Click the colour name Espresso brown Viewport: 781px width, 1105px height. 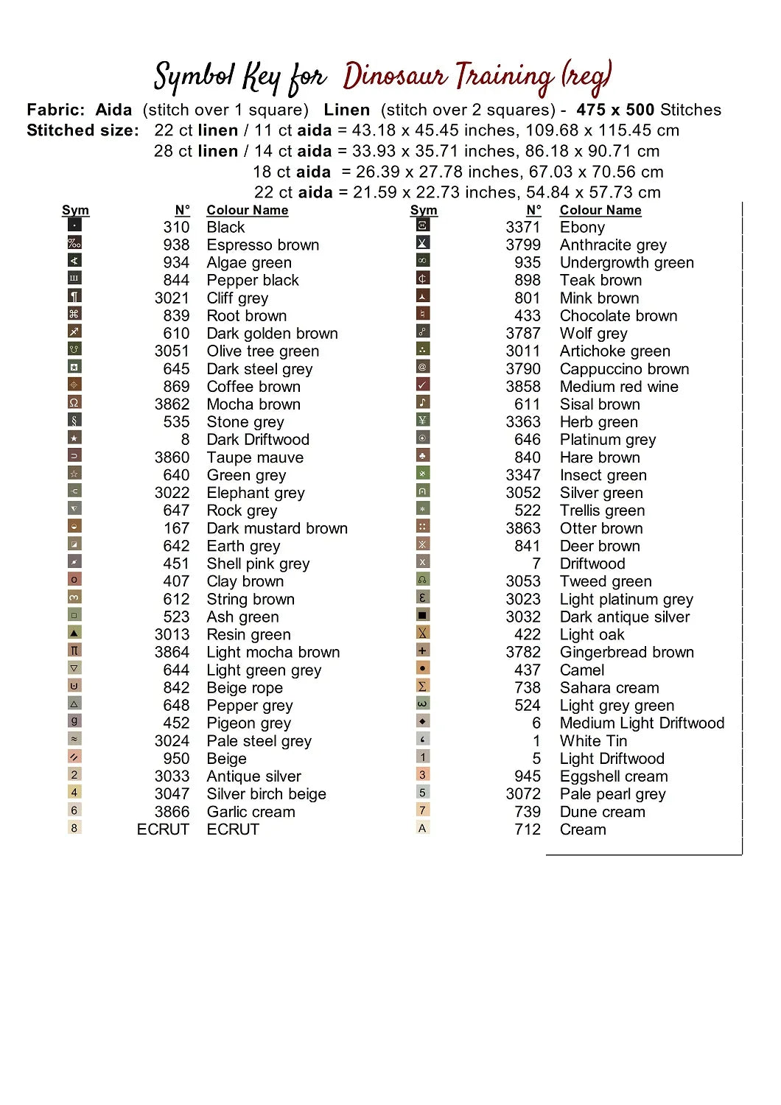tap(262, 245)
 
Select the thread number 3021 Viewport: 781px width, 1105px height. tap(172, 298)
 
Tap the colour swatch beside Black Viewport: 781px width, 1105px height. tap(74, 225)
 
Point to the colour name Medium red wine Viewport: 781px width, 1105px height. tap(618, 386)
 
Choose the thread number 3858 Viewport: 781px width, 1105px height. tap(523, 386)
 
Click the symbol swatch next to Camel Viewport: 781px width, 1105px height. tap(423, 668)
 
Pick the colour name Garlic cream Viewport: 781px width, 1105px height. tap(251, 811)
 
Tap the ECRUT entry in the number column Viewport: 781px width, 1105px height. tap(163, 829)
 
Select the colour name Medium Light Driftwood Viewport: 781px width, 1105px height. tap(642, 723)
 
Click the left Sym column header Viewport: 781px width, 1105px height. tap(75, 210)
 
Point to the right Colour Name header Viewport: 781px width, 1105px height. tap(600, 210)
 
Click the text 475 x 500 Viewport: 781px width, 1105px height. tap(615, 110)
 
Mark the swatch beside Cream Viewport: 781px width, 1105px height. tap(423, 827)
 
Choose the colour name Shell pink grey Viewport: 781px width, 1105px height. tap(258, 564)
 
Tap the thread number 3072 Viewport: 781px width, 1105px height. tap(523, 793)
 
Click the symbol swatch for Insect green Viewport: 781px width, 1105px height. tap(423, 474)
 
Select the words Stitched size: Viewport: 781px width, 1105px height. tap(83, 130)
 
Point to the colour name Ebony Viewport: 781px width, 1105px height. tap(582, 227)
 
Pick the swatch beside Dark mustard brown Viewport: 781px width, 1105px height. tap(74, 527)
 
